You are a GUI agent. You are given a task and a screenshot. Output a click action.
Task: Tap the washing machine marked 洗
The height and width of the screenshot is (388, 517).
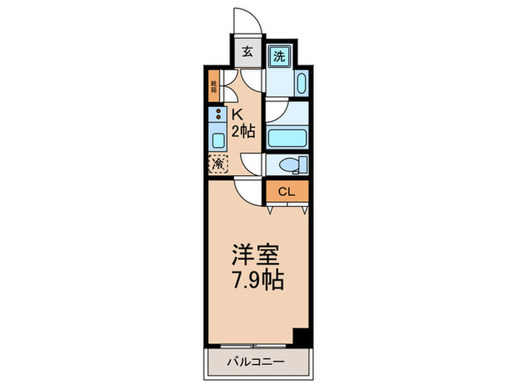(x=278, y=56)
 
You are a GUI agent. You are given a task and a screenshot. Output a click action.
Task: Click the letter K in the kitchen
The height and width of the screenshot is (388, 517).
(x=238, y=115)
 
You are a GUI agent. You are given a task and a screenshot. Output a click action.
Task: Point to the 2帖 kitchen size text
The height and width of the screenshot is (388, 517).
(x=244, y=132)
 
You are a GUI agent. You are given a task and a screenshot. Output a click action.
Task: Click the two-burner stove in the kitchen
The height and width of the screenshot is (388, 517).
(x=218, y=115)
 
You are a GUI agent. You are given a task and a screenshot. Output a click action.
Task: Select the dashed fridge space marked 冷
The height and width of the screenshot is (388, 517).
(x=219, y=164)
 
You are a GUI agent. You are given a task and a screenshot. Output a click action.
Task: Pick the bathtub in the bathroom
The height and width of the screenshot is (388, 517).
(x=287, y=138)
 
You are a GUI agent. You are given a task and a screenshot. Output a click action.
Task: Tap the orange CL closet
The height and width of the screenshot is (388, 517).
(x=287, y=191)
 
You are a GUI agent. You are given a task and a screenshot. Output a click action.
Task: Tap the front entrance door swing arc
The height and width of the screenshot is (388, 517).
(x=246, y=21)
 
